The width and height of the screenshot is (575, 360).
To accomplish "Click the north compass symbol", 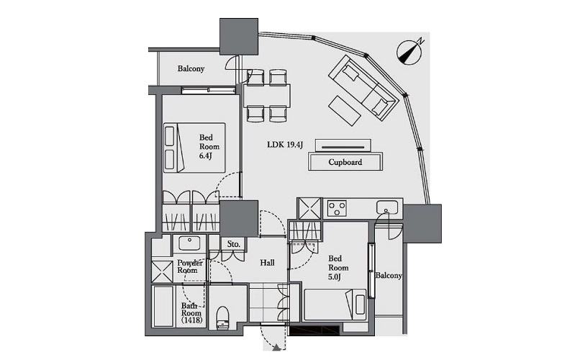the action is [x=410, y=51].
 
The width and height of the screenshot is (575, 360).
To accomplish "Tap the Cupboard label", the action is [x=345, y=162].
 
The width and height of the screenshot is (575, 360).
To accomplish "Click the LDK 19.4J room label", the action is [x=285, y=145].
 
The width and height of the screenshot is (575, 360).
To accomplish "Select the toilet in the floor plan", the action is [x=222, y=318].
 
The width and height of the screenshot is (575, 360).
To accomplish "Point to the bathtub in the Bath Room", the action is [x=163, y=307].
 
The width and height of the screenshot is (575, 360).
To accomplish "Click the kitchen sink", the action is [x=387, y=207].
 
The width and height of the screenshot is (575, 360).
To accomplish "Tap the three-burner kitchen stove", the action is [x=337, y=209].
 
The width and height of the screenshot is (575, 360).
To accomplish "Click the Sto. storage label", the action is [x=234, y=244].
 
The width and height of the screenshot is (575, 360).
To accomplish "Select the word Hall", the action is [x=267, y=263].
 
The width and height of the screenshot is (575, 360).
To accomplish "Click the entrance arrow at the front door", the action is [x=277, y=348].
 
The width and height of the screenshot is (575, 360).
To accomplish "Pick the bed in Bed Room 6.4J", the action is [x=194, y=148].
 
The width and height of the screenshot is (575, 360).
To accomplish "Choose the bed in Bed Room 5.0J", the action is [x=335, y=305].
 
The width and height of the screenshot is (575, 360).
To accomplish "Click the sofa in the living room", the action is [x=363, y=87].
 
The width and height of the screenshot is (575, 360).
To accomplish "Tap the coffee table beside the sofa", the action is [x=345, y=111].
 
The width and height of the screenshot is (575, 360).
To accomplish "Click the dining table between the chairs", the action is [x=266, y=96].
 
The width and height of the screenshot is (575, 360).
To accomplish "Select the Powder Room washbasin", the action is [x=189, y=243].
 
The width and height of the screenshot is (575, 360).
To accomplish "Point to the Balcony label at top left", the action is [x=191, y=68].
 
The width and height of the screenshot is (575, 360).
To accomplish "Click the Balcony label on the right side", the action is [x=389, y=275].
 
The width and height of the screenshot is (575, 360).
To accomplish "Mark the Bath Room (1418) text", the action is [x=191, y=312].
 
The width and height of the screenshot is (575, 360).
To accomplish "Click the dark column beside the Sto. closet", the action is [x=239, y=219].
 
